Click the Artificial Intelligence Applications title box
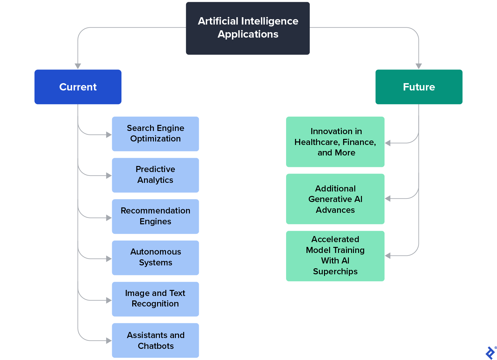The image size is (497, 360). coord(248,28)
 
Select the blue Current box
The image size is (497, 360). coord(78,87)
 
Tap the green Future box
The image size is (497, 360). coord(419,87)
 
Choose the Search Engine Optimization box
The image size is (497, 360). coord(155,133)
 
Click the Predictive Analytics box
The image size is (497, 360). coord(155,175)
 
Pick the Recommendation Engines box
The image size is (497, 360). coord(155,216)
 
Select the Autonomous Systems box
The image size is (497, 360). coord(155,257)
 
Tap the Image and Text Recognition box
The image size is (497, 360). coord(155,299)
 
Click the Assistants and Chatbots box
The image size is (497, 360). coord(155,340)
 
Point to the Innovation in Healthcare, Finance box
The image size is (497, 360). coord(335,141)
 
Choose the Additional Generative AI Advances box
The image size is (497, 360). coord(335,199)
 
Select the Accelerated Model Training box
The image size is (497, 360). coord(335,256)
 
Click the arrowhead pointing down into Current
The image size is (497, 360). coord(78,66)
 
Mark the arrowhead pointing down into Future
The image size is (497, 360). coord(419,66)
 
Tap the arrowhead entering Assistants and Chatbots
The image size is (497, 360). coord(109,341)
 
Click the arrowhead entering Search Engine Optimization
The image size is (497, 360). coord(109,135)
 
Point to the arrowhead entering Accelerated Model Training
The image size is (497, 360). coord(388,256)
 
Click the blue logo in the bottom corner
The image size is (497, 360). coord(490,353)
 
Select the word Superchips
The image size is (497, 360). coord(335,271)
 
